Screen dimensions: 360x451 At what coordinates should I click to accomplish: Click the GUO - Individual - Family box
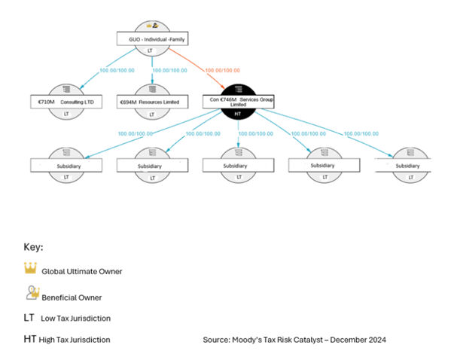pos(151,38)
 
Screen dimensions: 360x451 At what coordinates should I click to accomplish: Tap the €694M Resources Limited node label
pos(151,101)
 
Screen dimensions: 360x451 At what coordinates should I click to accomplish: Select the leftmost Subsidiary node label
pos(59,165)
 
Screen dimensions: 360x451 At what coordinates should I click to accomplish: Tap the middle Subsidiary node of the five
pos(235,165)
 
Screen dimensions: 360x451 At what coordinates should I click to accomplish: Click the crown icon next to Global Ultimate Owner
pos(30,269)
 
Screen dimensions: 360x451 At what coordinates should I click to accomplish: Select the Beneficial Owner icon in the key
pos(31,293)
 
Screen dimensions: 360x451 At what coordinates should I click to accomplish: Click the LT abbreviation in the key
pos(29,318)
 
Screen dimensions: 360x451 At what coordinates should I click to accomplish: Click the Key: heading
pos(33,246)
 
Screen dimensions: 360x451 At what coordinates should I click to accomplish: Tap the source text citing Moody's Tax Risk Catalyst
pos(294,340)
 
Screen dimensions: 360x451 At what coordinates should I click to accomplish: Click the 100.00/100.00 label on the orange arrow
pos(227,71)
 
